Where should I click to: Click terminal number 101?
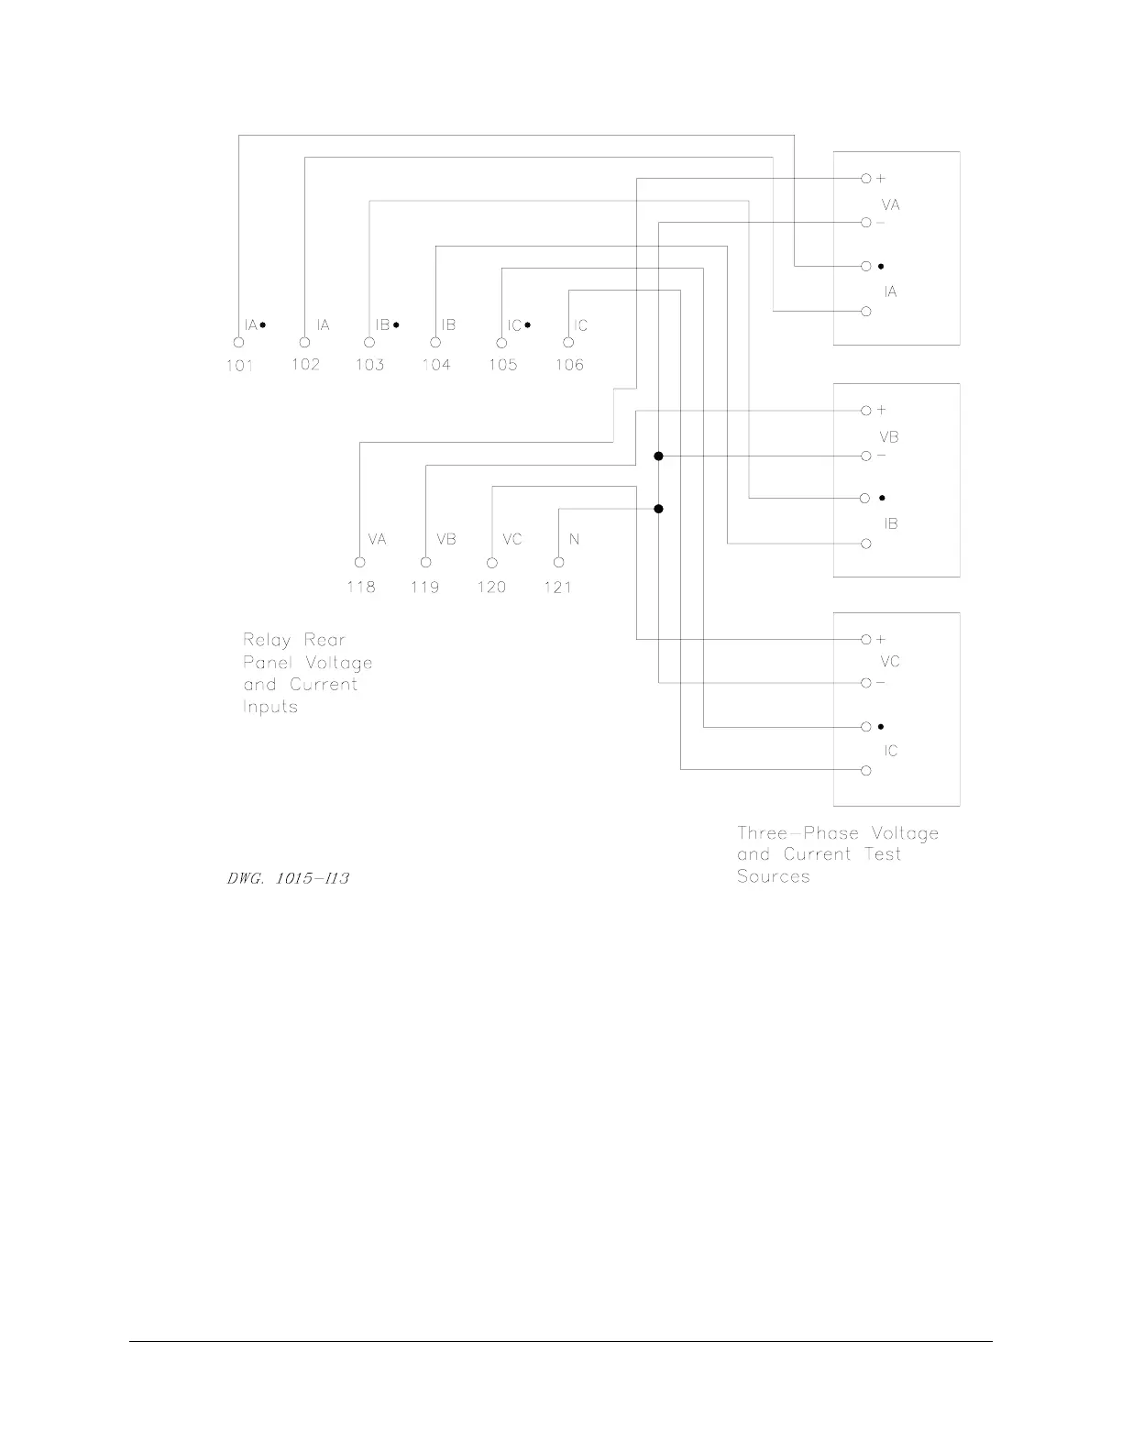(x=239, y=365)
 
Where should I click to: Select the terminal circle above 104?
(x=435, y=343)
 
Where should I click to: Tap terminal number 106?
(x=569, y=365)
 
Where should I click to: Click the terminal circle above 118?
(x=360, y=563)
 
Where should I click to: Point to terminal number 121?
(x=558, y=587)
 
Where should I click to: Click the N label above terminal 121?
(x=574, y=539)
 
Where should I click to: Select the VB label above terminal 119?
(x=446, y=539)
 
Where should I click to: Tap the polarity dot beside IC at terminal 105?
(x=528, y=324)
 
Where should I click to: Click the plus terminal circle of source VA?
(x=865, y=179)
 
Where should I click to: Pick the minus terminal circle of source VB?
(x=865, y=456)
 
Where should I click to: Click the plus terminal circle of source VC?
(x=865, y=640)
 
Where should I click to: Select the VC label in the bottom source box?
(x=889, y=661)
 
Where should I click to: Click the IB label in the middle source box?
(x=890, y=523)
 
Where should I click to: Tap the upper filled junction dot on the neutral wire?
(x=658, y=456)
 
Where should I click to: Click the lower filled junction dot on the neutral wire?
(x=658, y=509)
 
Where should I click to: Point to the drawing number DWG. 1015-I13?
(x=288, y=878)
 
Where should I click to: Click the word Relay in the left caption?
(x=268, y=640)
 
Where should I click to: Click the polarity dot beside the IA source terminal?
(x=881, y=266)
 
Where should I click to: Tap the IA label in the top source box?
(x=890, y=291)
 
